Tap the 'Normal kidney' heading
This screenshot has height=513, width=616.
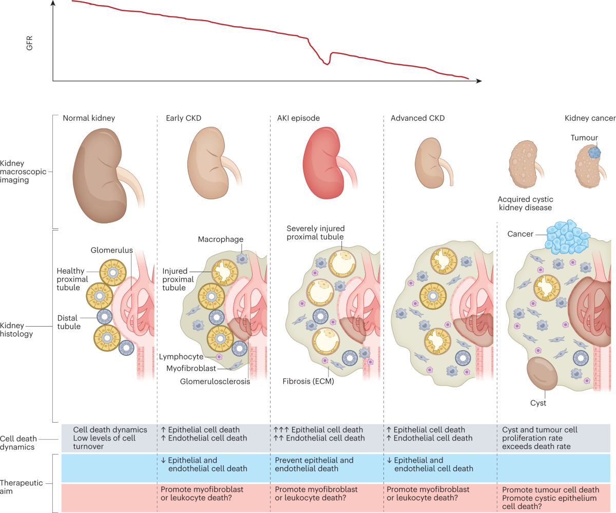(x=89, y=118)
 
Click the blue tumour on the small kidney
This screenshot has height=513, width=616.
(x=594, y=153)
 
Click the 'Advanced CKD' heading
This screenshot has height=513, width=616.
(x=417, y=118)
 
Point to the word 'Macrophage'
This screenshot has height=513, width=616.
(x=220, y=239)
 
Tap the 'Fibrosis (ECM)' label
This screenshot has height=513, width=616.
(x=307, y=381)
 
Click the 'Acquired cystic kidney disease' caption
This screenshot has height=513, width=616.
(x=525, y=203)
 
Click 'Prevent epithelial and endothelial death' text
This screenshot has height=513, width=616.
(x=314, y=464)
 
